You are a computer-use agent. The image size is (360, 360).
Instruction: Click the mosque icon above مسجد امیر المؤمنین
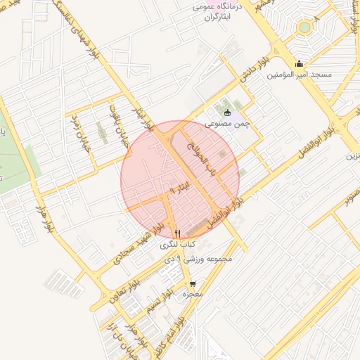(300, 63)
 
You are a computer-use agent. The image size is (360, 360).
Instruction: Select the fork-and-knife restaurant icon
(177, 234)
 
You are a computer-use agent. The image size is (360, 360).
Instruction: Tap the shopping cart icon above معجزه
(191, 284)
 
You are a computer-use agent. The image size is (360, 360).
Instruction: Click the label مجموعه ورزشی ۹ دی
(203, 259)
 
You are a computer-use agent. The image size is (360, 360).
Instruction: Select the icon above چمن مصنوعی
(226, 112)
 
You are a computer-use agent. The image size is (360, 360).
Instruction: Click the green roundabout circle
(304, 27)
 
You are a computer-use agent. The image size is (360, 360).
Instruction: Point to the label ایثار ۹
(181, 188)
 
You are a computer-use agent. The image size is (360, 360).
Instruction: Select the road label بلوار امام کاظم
(175, 336)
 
